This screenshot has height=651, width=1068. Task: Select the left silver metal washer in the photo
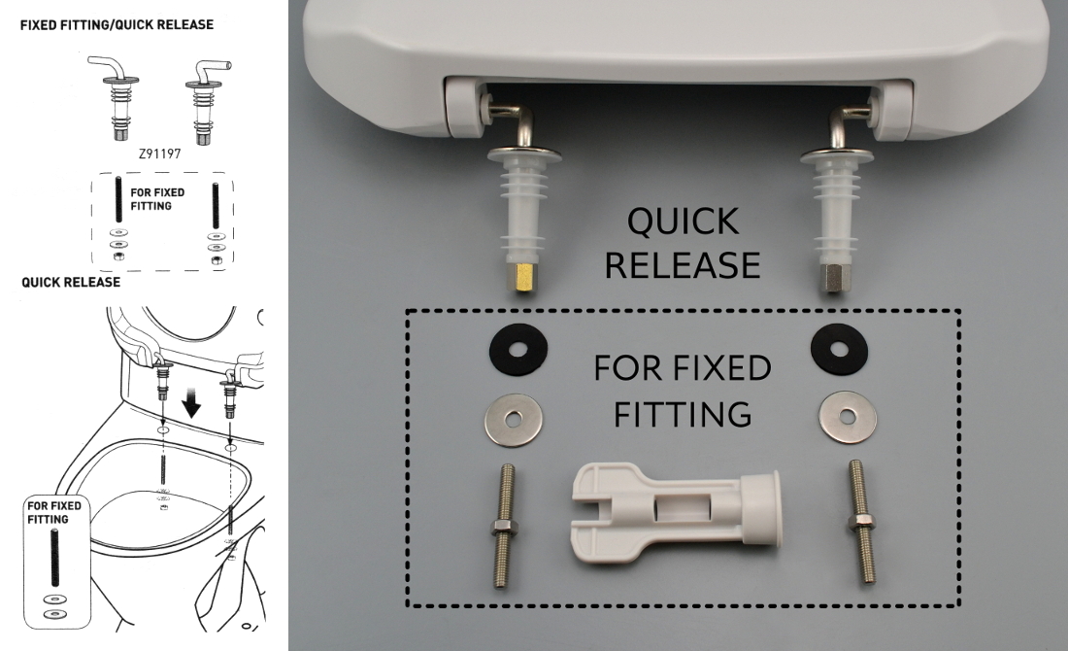(x=513, y=420)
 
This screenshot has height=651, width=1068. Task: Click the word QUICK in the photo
(x=683, y=222)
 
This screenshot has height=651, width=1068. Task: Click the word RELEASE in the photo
(x=683, y=264)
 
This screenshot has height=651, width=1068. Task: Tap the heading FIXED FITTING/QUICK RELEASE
(x=117, y=23)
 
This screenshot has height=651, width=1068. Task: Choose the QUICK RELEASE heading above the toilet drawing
(x=71, y=282)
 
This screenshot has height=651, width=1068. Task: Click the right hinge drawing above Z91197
(x=207, y=97)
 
